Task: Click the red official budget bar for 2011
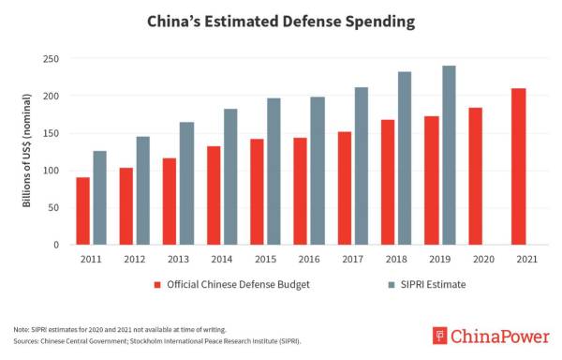83,211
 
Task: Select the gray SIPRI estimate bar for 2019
449,156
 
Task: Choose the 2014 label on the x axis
222,258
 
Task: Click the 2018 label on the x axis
395,258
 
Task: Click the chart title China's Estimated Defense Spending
280,20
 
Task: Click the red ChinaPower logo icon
439,336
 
